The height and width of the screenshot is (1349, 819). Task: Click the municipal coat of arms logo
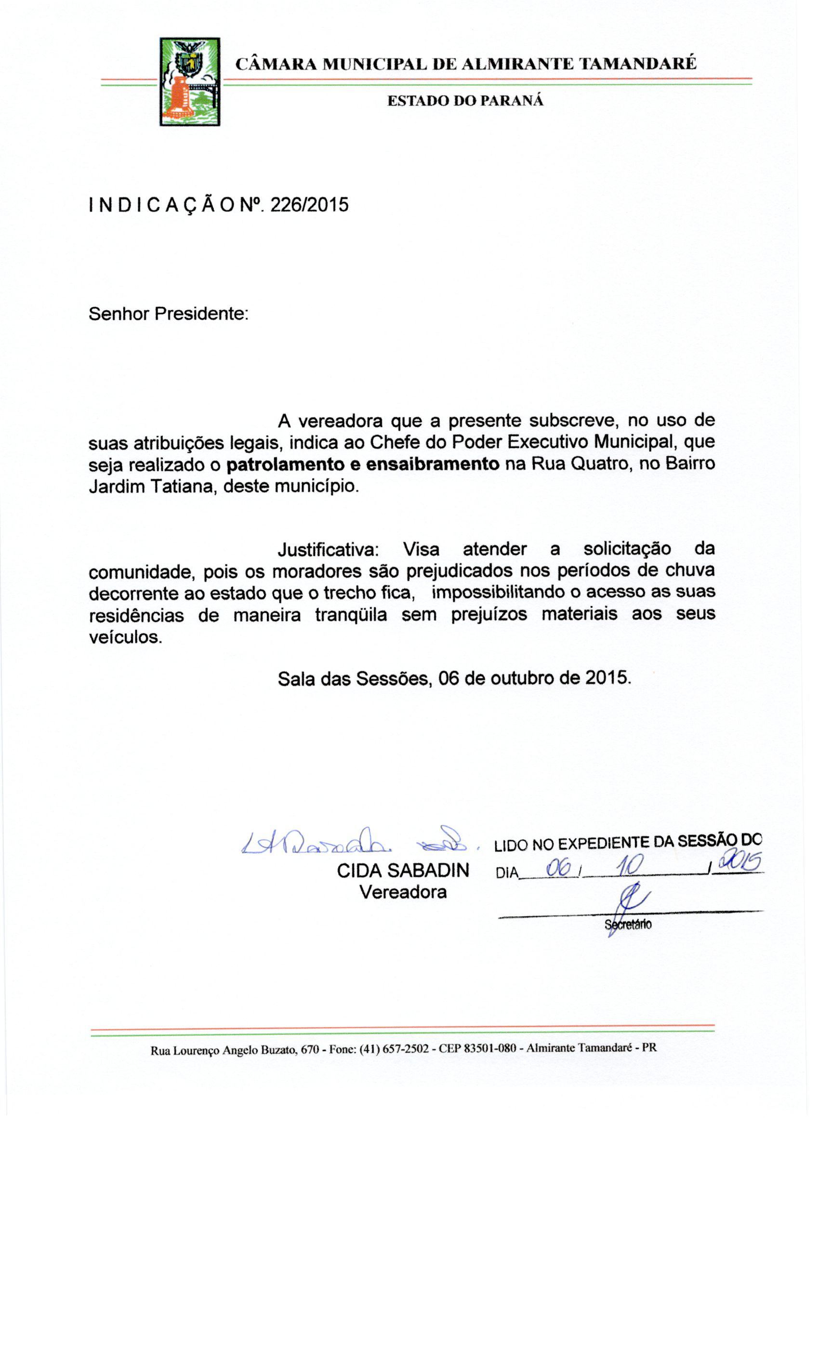[x=189, y=81]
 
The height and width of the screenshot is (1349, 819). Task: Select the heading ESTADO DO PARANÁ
[x=465, y=101]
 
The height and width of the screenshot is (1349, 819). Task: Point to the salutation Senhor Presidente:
[x=169, y=314]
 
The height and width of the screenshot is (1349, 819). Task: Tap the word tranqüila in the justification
[x=351, y=615]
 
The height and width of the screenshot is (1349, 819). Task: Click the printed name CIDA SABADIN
[x=403, y=871]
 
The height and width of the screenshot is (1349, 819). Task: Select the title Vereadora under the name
[x=403, y=892]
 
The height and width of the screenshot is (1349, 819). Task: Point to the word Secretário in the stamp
[x=628, y=925]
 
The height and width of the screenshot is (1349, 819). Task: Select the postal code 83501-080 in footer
[x=489, y=1048]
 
